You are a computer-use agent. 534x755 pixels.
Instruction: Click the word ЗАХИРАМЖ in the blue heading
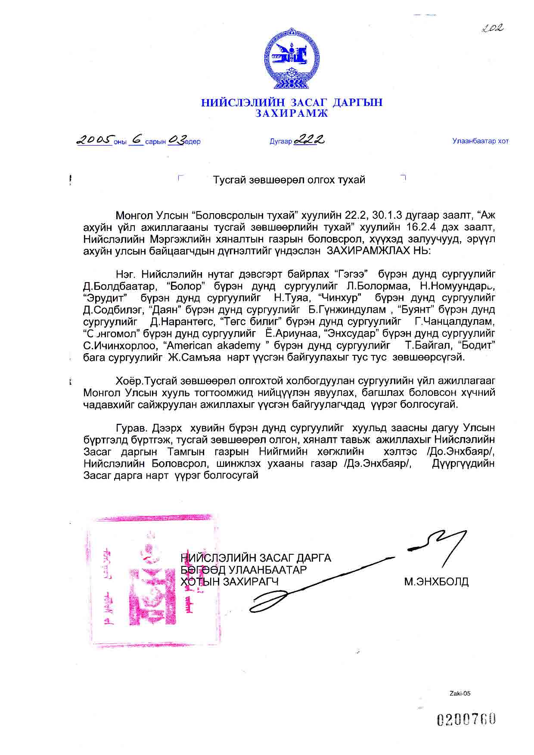[x=292, y=114]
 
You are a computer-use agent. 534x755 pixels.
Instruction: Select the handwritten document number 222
[x=308, y=140]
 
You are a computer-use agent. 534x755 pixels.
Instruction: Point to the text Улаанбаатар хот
[x=480, y=141]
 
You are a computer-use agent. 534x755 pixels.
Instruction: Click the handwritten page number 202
[x=493, y=28]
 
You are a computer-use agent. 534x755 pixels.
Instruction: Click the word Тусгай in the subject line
[x=229, y=180]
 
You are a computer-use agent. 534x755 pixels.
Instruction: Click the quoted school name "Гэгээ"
[x=350, y=274]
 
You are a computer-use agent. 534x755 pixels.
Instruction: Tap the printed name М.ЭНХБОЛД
[x=436, y=582]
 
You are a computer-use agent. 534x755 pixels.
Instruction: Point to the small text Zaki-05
[x=460, y=693]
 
